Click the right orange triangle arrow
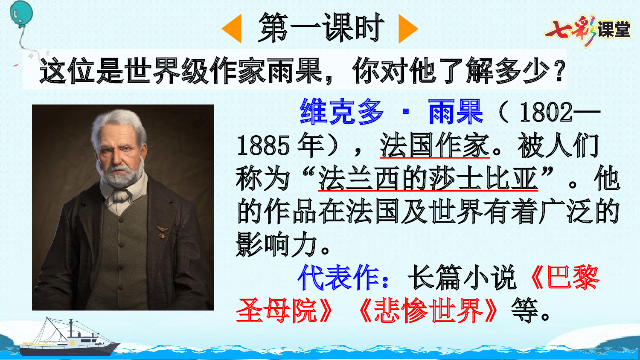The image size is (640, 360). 407,29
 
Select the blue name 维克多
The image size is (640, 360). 342,112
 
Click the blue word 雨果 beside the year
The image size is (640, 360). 455,112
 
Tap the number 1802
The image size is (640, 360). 546,113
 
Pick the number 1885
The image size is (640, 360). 263,146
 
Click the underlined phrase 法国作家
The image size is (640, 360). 434,146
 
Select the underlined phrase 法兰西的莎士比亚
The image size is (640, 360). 428,179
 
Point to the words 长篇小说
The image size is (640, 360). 462,278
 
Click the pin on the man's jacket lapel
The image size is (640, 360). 162,232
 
